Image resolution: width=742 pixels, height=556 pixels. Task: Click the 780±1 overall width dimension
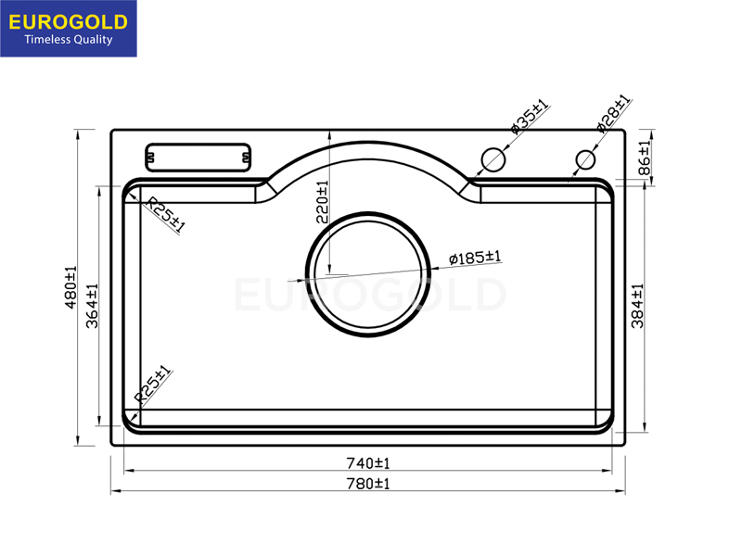(368, 484)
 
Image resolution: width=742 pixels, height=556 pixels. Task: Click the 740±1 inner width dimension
(368, 462)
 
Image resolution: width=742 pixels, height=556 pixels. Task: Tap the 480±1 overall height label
(70, 287)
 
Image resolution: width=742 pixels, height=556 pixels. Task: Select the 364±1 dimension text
(92, 306)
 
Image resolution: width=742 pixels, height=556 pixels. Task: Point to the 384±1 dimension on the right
(637, 306)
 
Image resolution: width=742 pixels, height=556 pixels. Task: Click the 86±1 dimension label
(645, 158)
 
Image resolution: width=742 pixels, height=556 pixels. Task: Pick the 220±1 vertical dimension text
(322, 202)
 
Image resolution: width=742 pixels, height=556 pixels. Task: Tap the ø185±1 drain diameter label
(475, 258)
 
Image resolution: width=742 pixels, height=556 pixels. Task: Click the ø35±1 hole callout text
(530, 117)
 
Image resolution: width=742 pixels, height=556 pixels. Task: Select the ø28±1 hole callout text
(613, 113)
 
